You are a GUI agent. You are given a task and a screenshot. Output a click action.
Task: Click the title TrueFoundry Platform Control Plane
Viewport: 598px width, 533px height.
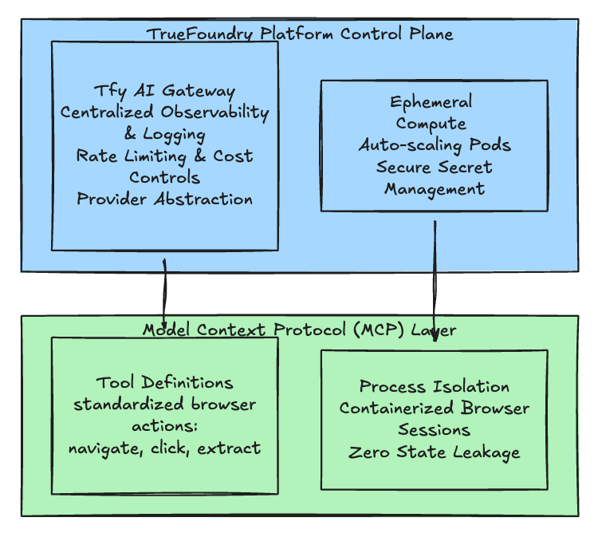tap(299, 34)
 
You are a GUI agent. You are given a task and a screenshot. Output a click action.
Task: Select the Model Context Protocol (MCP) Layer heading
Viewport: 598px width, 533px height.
tap(299, 330)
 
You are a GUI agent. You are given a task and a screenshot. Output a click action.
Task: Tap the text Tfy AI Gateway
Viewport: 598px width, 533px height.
tap(164, 91)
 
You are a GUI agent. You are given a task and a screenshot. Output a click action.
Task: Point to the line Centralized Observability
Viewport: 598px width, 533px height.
tap(164, 113)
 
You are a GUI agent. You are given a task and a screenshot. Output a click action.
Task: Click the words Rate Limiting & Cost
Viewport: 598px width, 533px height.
tap(164, 156)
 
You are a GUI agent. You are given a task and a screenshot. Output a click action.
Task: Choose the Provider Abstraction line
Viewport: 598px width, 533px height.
tap(164, 199)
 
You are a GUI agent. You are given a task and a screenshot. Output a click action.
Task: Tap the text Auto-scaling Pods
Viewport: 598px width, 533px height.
tap(434, 145)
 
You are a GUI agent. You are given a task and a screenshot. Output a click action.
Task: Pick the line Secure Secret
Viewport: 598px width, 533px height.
tap(434, 167)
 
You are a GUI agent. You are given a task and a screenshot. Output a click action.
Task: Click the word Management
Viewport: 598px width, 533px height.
tap(434, 188)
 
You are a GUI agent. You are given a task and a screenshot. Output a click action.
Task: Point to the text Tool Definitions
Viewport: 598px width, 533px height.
tap(164, 383)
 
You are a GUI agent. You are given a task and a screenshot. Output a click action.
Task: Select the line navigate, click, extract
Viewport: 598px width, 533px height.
tap(164, 448)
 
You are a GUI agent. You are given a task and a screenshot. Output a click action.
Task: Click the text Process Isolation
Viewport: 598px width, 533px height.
tap(434, 387)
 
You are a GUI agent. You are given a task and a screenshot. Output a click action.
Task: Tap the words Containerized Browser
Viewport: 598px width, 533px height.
tap(434, 409)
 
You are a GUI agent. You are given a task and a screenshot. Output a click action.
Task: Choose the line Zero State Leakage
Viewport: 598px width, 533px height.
tap(434, 452)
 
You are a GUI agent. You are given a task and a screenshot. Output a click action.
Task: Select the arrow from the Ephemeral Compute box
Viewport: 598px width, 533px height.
tap(435, 279)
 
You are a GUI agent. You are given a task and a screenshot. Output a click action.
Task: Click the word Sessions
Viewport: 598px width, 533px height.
tap(434, 430)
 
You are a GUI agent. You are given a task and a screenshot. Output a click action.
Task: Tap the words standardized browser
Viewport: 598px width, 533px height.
tap(164, 405)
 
